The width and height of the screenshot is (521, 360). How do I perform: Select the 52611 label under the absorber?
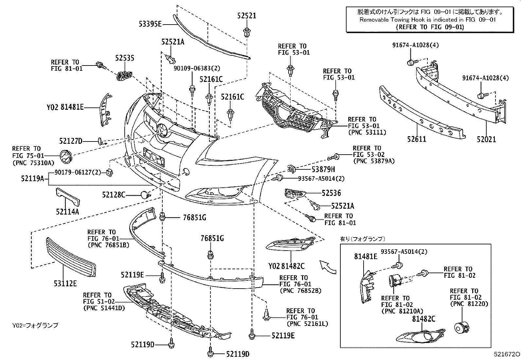click(x=417, y=139)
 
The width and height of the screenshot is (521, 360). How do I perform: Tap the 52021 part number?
click(x=486, y=139)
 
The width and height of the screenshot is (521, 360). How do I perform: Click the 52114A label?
click(x=67, y=212)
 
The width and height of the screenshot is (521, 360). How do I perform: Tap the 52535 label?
click(x=124, y=58)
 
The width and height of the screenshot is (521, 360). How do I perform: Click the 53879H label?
click(x=323, y=169)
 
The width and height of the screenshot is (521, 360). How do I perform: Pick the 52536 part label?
click(x=331, y=193)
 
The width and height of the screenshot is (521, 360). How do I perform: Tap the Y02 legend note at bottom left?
click(x=35, y=325)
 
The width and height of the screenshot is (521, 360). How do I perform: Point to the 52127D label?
click(x=71, y=141)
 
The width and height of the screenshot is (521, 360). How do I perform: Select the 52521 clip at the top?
click(x=246, y=32)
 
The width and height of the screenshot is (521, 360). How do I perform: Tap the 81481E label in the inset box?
click(x=365, y=256)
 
